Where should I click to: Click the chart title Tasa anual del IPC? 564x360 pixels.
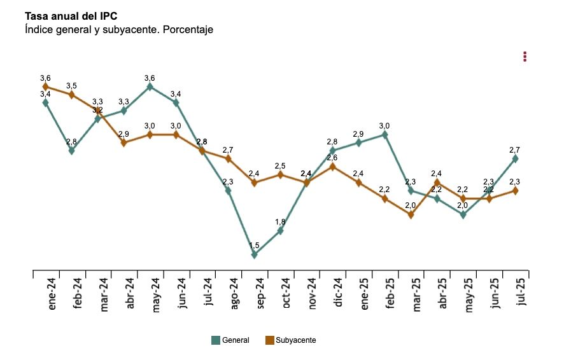(x=71, y=16)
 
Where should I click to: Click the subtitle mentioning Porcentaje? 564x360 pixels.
(x=118, y=30)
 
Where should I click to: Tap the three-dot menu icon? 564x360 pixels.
(x=525, y=57)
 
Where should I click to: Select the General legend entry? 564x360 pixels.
(x=230, y=340)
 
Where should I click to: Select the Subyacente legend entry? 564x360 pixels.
(x=290, y=340)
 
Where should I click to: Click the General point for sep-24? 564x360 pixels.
(x=254, y=254)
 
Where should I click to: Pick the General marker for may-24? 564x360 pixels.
(x=150, y=87)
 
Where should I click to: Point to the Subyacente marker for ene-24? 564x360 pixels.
(x=45, y=87)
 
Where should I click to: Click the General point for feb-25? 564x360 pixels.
(x=384, y=134)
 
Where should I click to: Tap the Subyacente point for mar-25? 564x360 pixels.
(x=411, y=214)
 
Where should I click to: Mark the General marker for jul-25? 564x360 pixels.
(x=515, y=158)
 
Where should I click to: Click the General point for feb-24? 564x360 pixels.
(x=71, y=151)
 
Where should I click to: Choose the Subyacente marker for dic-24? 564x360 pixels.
(x=332, y=167)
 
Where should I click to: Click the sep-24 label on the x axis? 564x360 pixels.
(x=261, y=293)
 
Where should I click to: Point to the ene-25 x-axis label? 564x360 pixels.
(x=365, y=293)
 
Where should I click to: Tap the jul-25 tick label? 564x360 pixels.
(x=522, y=292)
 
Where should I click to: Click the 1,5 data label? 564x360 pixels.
(x=254, y=246)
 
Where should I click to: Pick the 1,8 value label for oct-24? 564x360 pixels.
(x=280, y=222)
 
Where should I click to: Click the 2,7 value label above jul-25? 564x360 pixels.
(x=515, y=150)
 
